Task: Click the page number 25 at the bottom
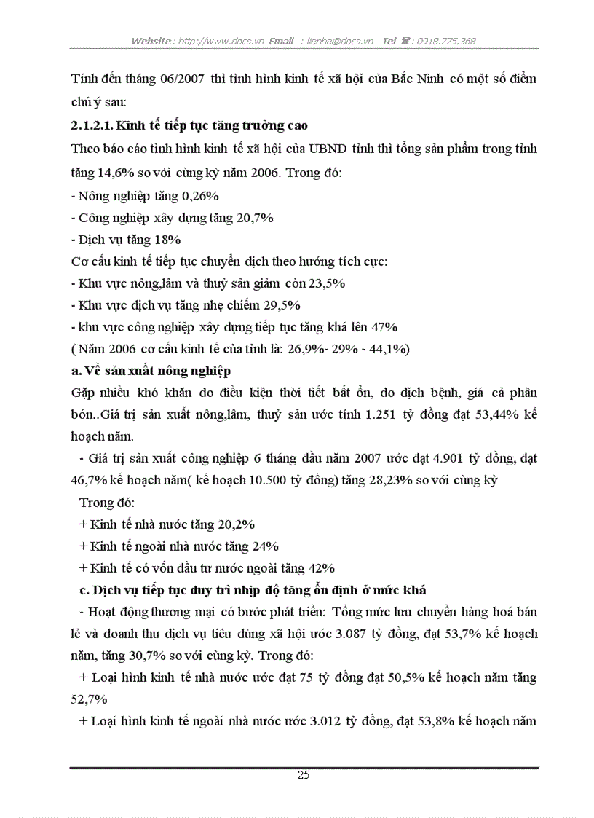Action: point(304,775)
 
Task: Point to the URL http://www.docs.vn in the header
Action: point(221,41)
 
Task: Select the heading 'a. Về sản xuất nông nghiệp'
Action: point(151,371)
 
